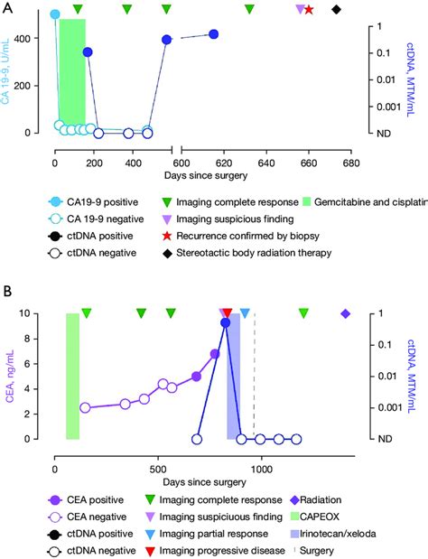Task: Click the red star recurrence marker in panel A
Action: (x=309, y=10)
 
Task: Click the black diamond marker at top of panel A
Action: (x=337, y=10)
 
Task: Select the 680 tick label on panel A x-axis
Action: (x=349, y=153)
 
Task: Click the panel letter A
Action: (x=6, y=7)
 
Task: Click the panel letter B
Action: (x=6, y=292)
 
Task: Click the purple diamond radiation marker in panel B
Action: (x=345, y=313)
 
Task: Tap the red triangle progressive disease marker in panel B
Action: (x=228, y=312)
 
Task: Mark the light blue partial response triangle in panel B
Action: (x=245, y=312)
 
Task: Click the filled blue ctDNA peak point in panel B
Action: (x=226, y=322)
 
